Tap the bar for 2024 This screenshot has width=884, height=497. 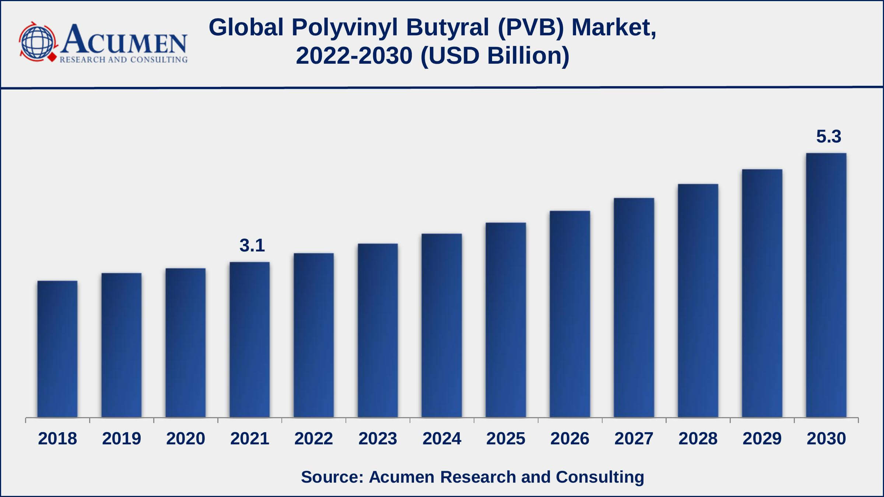pyautogui.click(x=442, y=325)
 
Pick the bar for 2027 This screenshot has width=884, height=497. pyautogui.click(x=634, y=308)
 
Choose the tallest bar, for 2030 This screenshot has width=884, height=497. pyautogui.click(x=826, y=285)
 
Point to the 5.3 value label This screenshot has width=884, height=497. pyautogui.click(x=829, y=137)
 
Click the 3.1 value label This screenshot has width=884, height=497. pyautogui.click(x=252, y=246)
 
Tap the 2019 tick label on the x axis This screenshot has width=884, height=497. pyautogui.click(x=122, y=438)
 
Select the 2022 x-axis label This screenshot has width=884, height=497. pyautogui.click(x=314, y=438)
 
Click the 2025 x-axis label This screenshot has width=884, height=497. pyautogui.click(x=506, y=438)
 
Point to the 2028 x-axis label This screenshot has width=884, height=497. pyautogui.click(x=698, y=438)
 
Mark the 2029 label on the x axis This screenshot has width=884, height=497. pyautogui.click(x=762, y=438)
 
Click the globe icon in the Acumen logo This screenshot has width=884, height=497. pyautogui.click(x=38, y=42)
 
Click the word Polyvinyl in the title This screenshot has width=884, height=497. pyautogui.click(x=345, y=28)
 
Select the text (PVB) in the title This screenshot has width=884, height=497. pyautogui.click(x=531, y=28)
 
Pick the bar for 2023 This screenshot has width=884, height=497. pyautogui.click(x=378, y=330)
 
